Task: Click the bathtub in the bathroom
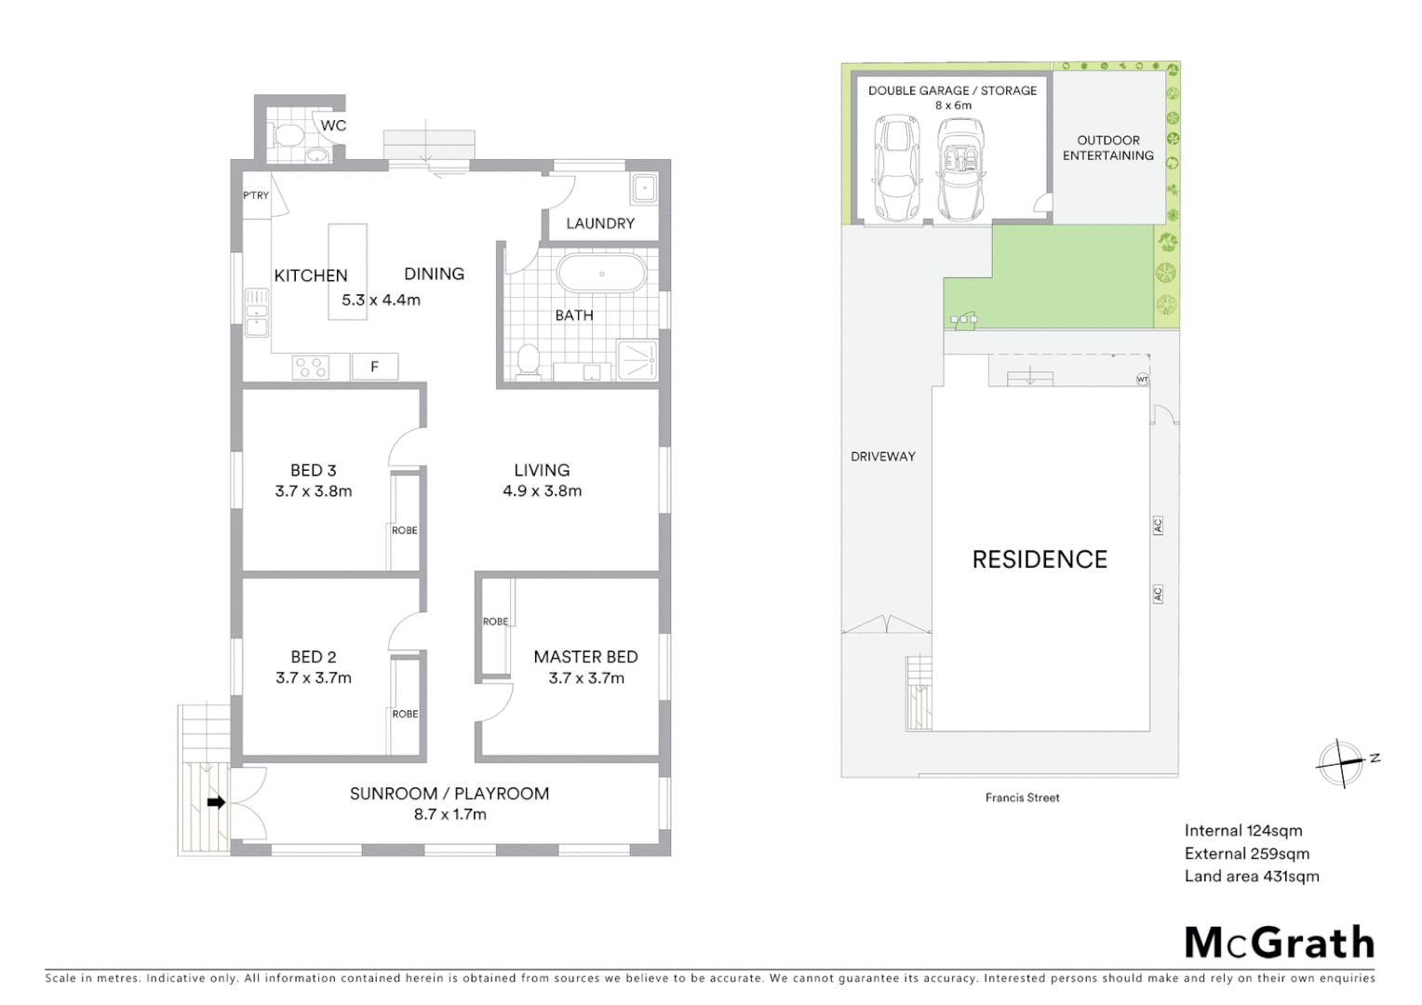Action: pos(601,275)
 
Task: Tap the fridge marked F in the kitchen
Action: pos(374,367)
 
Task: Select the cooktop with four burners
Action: pos(311,368)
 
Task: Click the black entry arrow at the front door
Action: pos(216,802)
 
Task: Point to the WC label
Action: pos(333,126)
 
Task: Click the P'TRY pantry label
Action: pos(256,195)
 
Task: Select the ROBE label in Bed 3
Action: pos(405,530)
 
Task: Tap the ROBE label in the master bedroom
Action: pos(495,622)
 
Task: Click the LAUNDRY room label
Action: pos(600,223)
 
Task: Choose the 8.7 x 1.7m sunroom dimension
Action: pos(449,814)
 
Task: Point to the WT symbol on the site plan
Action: pos(1143,380)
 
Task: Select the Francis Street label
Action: pos(1023,797)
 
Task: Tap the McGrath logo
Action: pos(1280,943)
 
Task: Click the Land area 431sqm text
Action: pos(1252,876)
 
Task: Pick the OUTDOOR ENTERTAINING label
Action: pos(1108,148)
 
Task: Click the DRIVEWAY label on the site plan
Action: pos(883,456)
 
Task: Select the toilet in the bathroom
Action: pos(529,361)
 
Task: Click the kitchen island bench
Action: pos(347,272)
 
